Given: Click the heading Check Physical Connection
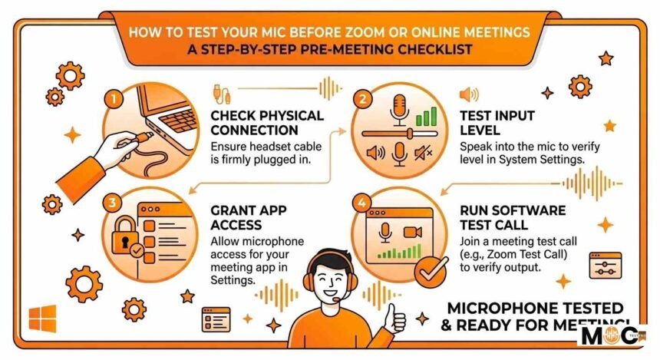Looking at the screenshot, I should pyautogui.click(x=267, y=123).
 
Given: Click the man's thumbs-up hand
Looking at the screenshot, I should pyautogui.click(x=394, y=317).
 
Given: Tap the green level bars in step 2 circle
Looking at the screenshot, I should pyautogui.click(x=426, y=117).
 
